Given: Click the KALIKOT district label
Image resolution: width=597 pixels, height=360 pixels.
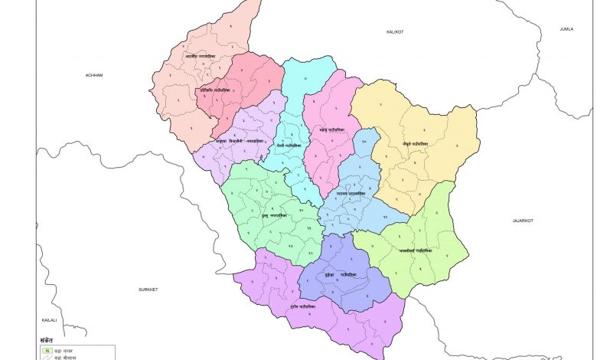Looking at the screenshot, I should point(394,31).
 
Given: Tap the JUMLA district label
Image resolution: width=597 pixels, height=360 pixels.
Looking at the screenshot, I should point(566,28).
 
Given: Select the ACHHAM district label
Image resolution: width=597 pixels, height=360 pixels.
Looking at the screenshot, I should point(94,75).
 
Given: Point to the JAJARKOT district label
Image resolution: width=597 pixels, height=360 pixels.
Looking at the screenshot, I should point(522,220).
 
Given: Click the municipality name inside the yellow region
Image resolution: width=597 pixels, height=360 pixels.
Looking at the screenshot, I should point(414,143).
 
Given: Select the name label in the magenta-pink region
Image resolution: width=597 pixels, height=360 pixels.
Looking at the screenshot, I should point(332,130).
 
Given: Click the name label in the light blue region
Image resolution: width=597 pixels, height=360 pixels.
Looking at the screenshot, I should point(351,194).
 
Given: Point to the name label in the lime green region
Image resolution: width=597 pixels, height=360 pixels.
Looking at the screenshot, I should point(416,250).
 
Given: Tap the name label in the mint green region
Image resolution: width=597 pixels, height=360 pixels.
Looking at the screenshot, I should point(272,216).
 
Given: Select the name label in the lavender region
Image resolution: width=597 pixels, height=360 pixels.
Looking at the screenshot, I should point(240,143).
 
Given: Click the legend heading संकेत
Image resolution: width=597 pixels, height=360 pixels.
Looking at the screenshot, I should point(48,340).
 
